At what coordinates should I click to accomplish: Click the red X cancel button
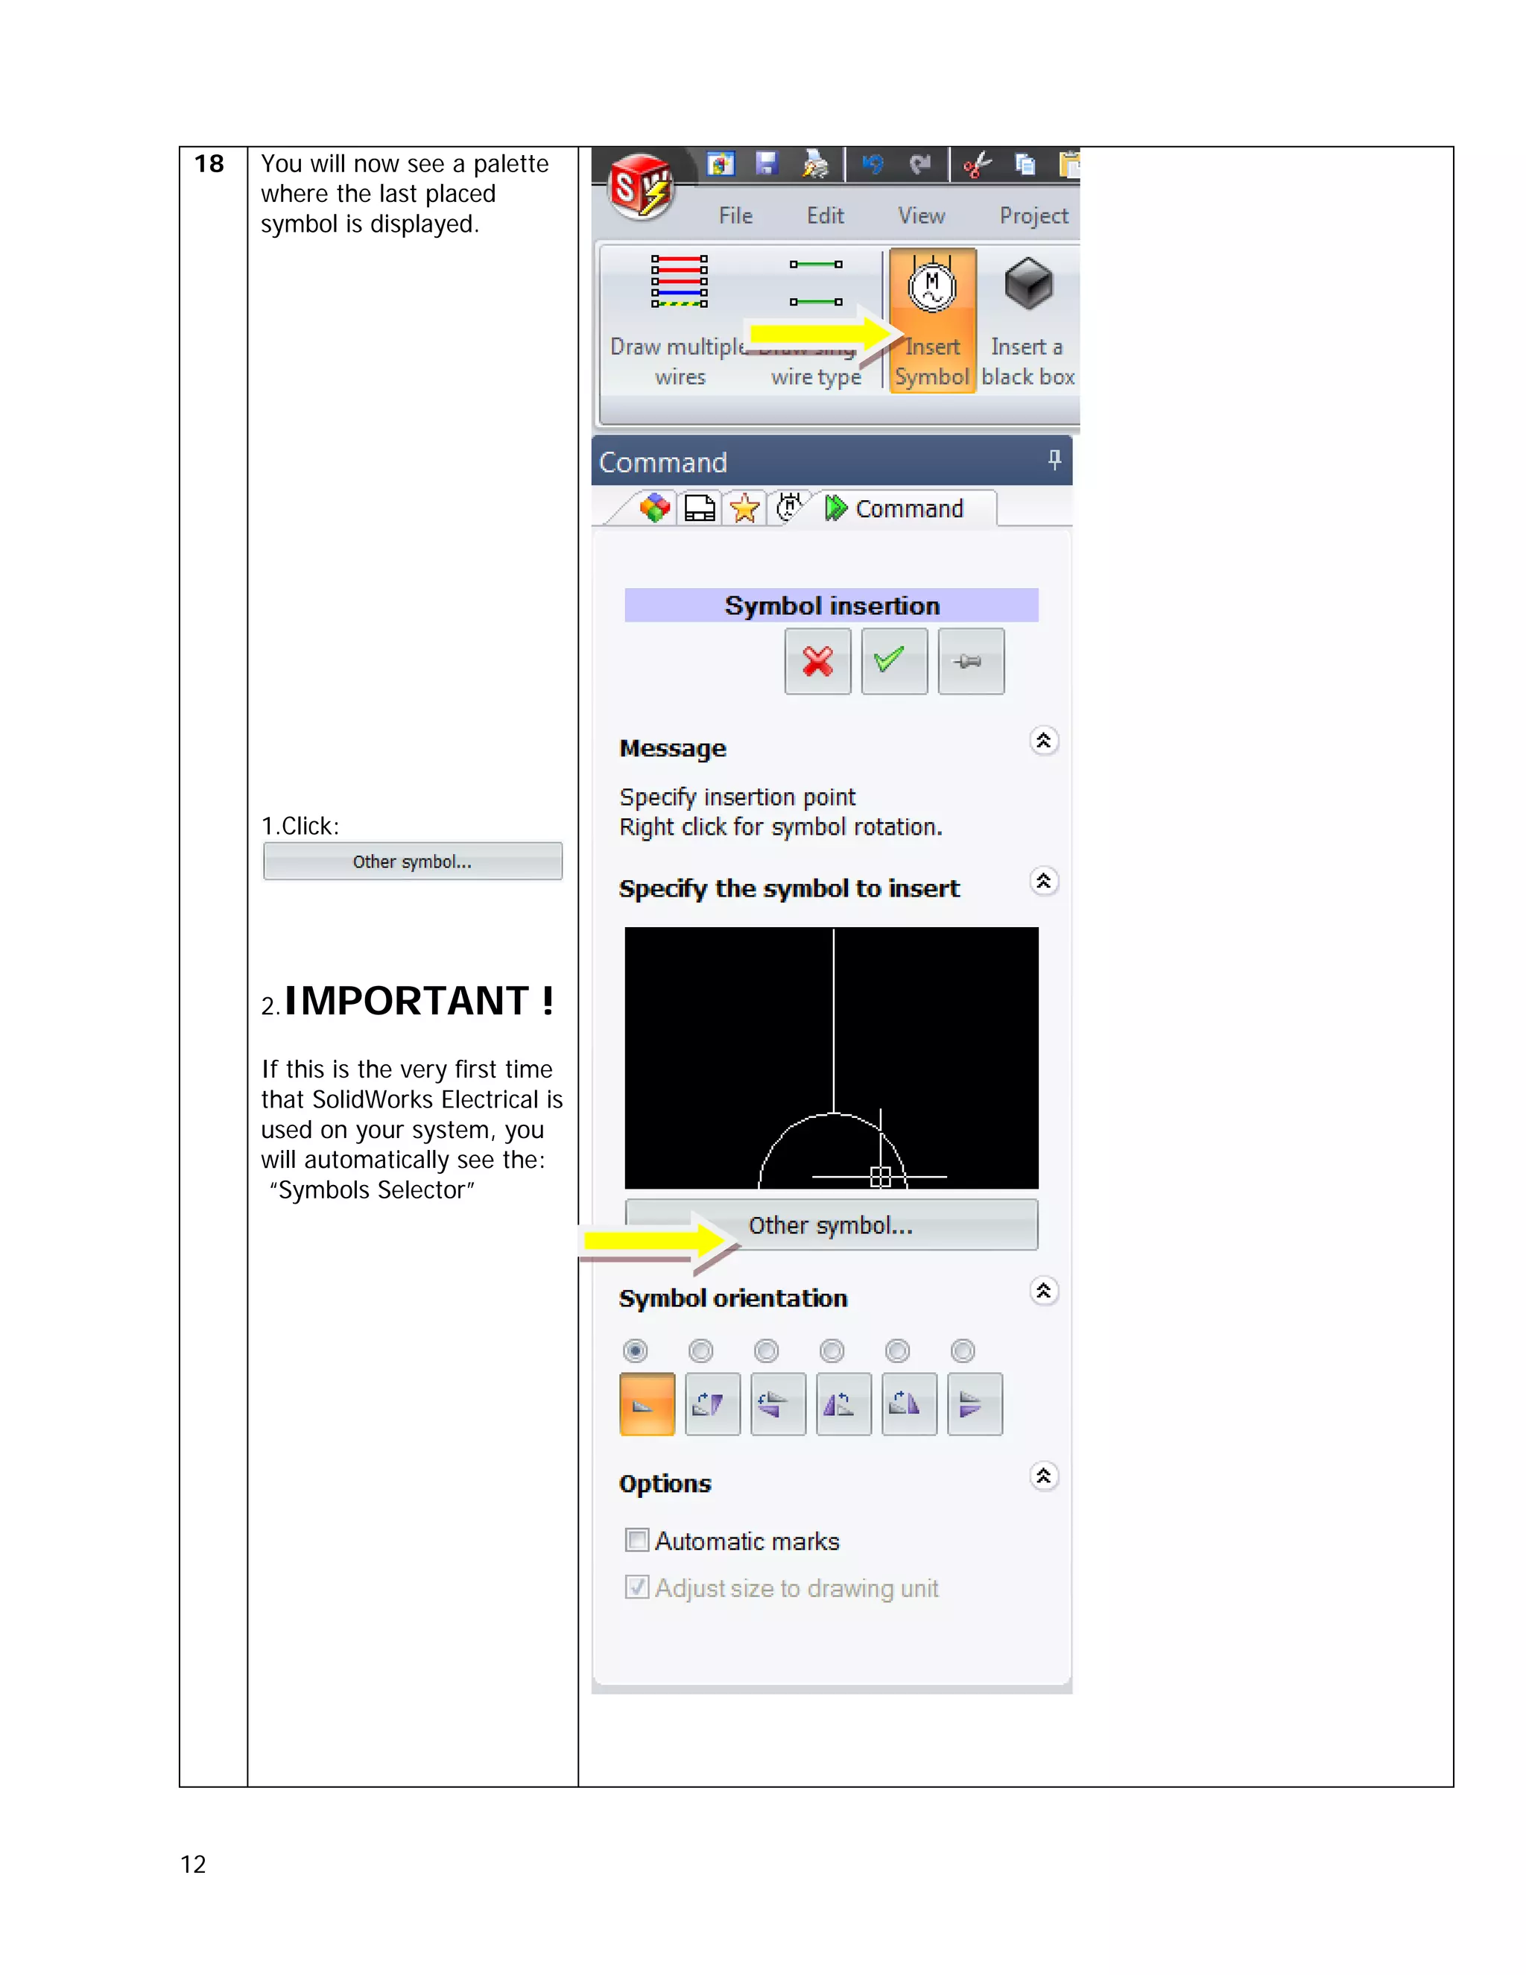[x=817, y=661]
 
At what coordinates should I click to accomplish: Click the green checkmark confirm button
[x=893, y=661]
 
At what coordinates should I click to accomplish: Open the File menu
[x=735, y=216]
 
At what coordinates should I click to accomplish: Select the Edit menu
[x=825, y=216]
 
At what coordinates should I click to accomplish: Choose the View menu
[x=921, y=216]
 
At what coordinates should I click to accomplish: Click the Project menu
[x=1033, y=216]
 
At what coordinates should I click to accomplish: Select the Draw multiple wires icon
[x=679, y=281]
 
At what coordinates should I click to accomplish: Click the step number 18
[x=209, y=164]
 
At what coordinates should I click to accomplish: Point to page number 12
[x=194, y=1864]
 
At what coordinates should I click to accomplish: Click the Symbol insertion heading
[x=832, y=605]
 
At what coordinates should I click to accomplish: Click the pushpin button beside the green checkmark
[x=970, y=661]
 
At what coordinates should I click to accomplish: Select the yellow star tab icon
[x=745, y=508]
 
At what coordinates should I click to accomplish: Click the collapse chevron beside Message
[x=1043, y=741]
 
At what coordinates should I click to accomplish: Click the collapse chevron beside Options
[x=1043, y=1476]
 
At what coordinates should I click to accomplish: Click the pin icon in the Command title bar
[x=1054, y=461]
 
